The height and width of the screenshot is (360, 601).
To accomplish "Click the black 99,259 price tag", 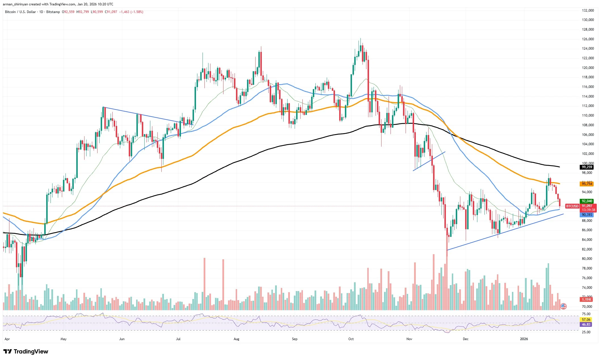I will tap(587, 167).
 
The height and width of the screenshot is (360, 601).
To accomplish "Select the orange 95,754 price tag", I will tap(587, 184).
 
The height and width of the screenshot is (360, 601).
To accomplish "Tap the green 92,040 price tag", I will tap(587, 201).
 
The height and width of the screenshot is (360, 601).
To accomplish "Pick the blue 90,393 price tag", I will tap(587, 215).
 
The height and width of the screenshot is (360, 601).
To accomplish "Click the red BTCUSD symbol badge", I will tap(572, 206).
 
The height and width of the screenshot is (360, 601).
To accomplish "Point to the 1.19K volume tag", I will tap(586, 299).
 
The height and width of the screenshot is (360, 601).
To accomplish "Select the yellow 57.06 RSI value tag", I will tap(586, 319).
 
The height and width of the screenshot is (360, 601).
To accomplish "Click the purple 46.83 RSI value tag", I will tap(586, 325).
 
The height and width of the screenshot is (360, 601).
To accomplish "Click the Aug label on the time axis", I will tap(236, 339).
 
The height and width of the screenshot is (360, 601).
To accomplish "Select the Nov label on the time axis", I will tap(409, 339).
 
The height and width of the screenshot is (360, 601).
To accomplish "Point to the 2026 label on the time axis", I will tap(524, 339).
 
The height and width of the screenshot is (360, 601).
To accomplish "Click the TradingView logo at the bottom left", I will tap(26, 351).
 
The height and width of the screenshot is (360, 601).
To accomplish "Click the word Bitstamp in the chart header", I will tap(53, 12).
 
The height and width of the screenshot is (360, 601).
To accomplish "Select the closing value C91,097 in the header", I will tap(111, 12).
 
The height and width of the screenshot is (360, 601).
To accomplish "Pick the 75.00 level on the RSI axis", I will tap(586, 314).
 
